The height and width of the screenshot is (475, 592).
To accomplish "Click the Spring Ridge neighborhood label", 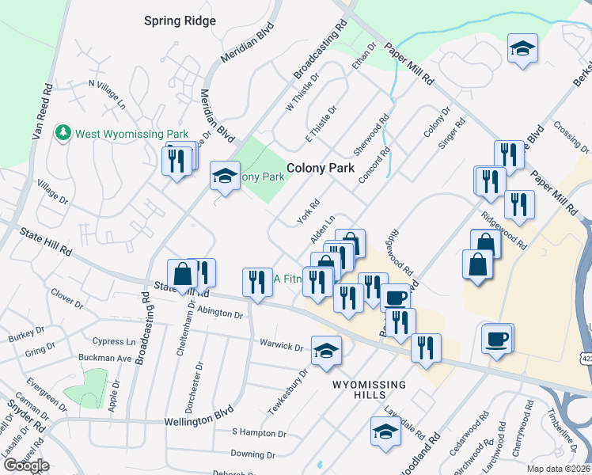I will point(180,21).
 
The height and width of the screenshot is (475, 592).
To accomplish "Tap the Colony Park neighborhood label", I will point(320,168).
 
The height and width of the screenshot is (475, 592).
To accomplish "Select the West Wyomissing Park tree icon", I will point(63,133).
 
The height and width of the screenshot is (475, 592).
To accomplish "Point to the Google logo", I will point(25,465).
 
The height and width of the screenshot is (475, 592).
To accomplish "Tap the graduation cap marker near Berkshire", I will point(522,48).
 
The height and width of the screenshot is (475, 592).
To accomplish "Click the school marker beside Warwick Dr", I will point(325,351).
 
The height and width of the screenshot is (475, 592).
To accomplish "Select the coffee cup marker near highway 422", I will point(497,339).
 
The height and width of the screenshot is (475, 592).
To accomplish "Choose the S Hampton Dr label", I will point(258,433).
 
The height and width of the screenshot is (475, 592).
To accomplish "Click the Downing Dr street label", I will point(252,454).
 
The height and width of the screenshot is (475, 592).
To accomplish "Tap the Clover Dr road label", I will point(67,298).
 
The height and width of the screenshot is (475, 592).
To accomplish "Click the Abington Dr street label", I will point(219,313).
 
